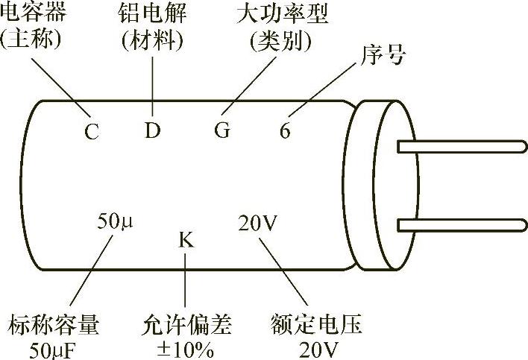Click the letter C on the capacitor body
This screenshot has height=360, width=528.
[91, 133]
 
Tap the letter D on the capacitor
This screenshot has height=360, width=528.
[152, 131]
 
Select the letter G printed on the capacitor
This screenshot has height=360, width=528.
[222, 131]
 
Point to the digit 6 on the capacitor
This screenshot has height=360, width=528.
[285, 131]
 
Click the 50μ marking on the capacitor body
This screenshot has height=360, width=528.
[113, 221]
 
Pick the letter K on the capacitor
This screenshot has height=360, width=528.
[186, 240]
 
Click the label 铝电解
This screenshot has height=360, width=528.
[152, 13]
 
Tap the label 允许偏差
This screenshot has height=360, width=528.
[186, 326]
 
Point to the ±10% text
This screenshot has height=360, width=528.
[186, 349]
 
